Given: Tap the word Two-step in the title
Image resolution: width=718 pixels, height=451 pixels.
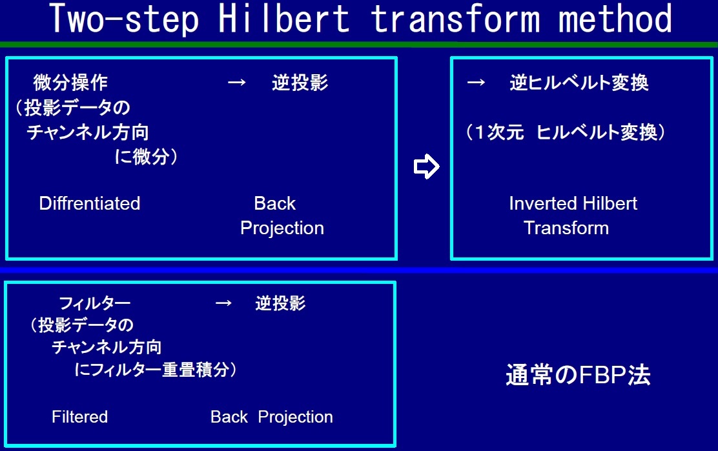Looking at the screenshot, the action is (x=124, y=19).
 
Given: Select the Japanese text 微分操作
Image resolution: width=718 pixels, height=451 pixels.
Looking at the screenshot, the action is (x=70, y=83).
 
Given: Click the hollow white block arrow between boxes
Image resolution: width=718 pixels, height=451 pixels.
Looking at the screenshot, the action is (x=426, y=166).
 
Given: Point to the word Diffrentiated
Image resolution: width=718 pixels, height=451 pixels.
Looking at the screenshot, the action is (x=90, y=203).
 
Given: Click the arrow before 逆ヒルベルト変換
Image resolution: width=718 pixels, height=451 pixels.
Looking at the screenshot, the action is (x=476, y=83).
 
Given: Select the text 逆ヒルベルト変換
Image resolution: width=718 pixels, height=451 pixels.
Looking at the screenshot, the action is (x=579, y=83).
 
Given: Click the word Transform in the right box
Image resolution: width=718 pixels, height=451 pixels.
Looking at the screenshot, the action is (x=566, y=228).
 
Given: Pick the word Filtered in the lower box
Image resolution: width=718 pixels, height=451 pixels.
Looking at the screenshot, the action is (x=79, y=417).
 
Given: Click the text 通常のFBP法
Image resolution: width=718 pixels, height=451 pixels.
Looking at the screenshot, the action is (x=578, y=375).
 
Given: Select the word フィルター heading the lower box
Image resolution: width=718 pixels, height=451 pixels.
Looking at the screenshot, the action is (x=95, y=303).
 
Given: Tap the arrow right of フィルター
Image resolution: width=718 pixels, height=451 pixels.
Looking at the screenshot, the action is (x=223, y=303).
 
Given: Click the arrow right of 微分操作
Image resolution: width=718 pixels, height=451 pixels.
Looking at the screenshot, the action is (x=237, y=83).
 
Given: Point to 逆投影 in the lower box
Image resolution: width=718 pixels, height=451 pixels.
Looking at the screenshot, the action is (x=280, y=303).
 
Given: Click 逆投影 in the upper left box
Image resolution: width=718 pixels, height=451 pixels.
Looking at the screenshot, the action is (x=300, y=83).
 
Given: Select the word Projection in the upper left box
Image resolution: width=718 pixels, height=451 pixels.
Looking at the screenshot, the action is (x=282, y=228).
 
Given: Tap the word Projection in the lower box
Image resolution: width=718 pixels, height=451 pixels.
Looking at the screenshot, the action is (x=295, y=417).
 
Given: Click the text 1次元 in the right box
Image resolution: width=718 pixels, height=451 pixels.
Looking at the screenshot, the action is (x=500, y=132).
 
